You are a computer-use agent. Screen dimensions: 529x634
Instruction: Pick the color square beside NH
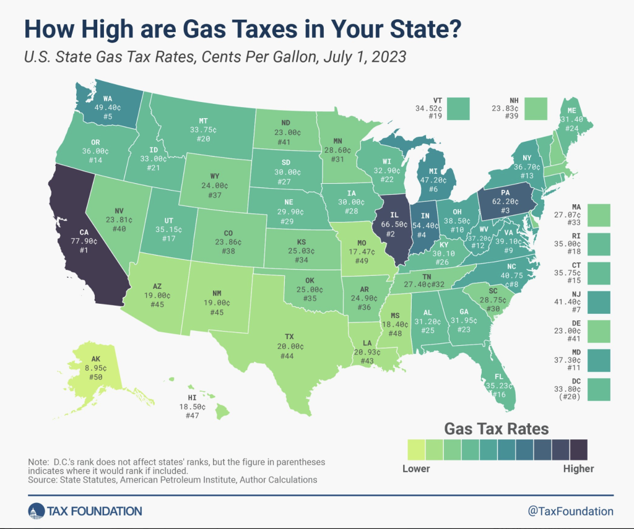click(536, 108)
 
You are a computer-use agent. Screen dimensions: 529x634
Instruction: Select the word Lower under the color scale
click(416, 468)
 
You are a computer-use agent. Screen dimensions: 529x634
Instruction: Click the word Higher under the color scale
click(578, 468)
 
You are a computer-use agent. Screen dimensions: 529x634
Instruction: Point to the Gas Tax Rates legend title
click(497, 428)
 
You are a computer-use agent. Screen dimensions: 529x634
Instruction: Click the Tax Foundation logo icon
click(35, 511)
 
